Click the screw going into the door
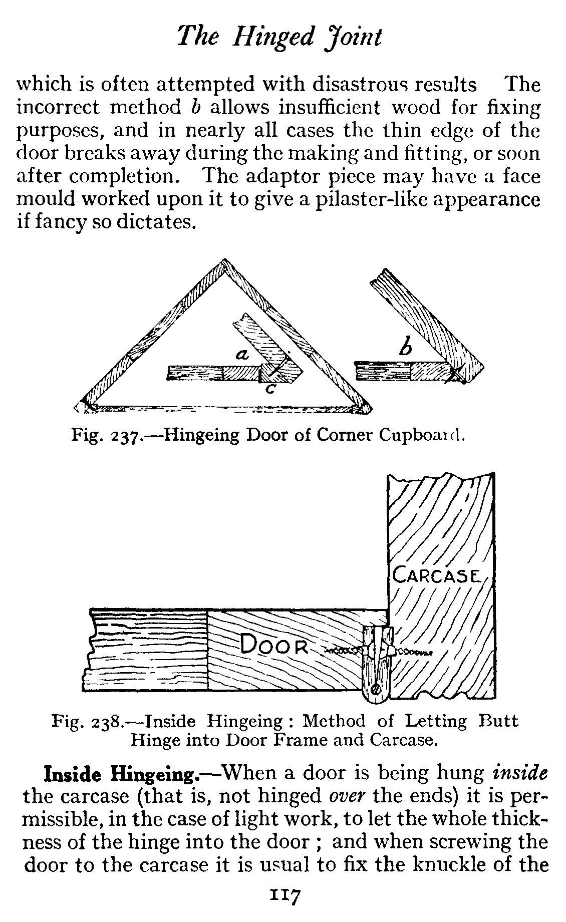(x=343, y=651)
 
